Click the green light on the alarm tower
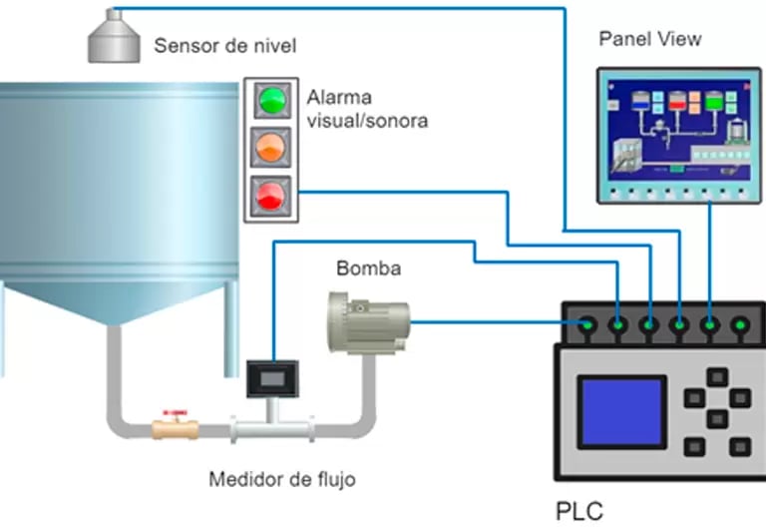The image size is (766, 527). pos(272,101)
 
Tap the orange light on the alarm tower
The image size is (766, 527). pos(272,146)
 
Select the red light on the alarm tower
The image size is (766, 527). pos(272,192)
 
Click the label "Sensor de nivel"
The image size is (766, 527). pos(224,46)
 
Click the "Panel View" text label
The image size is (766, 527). pos(649,39)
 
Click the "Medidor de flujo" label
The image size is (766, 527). pos(281,479)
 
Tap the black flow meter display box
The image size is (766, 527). pos(271,379)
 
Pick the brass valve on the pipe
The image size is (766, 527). pos(175,430)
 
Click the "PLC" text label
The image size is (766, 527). pos(578,510)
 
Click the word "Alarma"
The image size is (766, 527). pos(339,99)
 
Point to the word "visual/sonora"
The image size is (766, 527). pos(367,122)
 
